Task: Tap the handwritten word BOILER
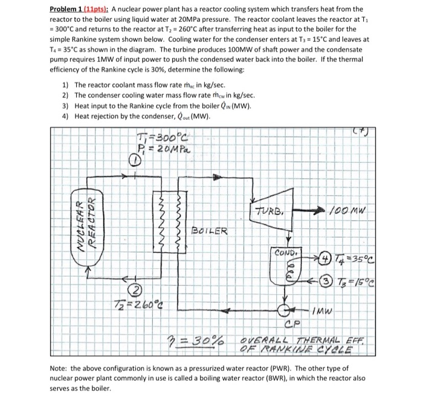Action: (210, 230)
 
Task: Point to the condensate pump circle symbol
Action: (284, 312)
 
